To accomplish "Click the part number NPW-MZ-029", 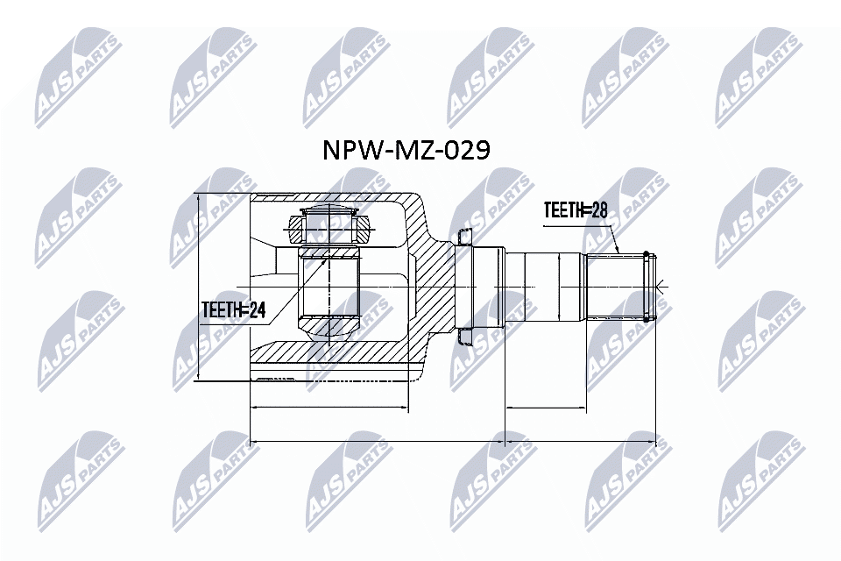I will click(x=406, y=151).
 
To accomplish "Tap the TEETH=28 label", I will click(x=576, y=210).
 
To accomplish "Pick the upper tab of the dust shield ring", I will click(x=463, y=235).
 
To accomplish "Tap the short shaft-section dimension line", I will click(x=545, y=408).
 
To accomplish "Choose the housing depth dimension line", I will click(x=329, y=408).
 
